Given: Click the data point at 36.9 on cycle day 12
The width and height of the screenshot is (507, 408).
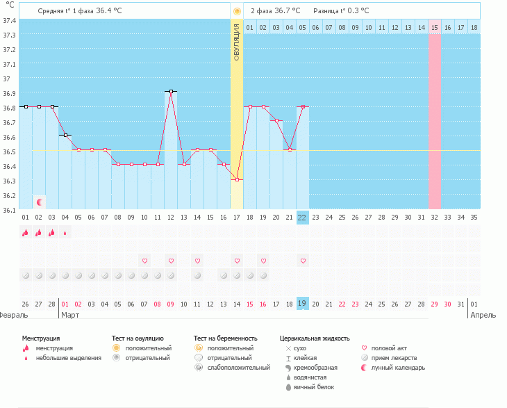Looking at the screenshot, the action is point(171,92).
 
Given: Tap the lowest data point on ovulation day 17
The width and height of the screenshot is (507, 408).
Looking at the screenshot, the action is point(237,179).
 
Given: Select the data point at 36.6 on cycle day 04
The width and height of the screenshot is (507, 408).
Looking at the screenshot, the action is point(65,136).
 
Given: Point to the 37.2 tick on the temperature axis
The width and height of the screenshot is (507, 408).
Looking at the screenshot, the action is point(10,49).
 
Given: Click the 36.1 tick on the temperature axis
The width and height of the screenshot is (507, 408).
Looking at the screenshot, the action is point(10,211).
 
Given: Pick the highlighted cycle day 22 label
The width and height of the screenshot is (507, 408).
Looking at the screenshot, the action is point(302,218).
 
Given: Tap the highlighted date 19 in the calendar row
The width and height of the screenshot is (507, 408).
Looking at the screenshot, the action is point(302,304).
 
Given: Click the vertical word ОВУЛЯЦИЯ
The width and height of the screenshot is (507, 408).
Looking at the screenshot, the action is point(237,42).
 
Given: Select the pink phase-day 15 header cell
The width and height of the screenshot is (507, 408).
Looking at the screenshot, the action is point(435,28).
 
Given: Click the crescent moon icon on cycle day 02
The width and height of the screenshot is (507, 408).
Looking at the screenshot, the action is point(40,202).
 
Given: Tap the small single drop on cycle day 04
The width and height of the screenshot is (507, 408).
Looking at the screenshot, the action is point(65,233).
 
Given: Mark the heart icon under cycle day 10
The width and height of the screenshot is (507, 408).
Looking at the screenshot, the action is point(145,261).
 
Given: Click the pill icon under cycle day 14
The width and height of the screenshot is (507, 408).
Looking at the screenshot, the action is point(197,276).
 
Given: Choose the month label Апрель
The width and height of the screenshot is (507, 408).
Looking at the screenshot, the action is point(483,315).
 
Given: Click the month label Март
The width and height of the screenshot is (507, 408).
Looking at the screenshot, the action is point(70,315).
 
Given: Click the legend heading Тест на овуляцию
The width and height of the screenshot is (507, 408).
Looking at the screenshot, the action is point(138,338).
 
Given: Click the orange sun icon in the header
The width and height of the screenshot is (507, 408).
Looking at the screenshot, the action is point(237,11).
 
